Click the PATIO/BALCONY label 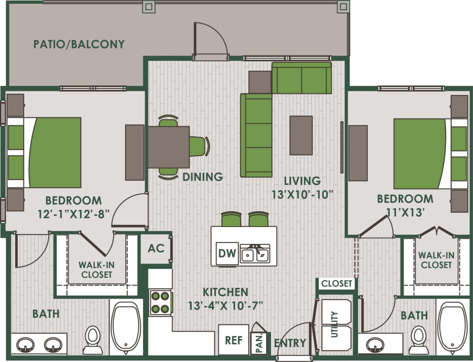pos(79,44)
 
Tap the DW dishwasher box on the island pos(227,253)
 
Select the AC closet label pos(156,248)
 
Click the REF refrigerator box pos(234,340)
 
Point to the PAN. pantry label pos(259,343)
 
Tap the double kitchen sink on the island pos(255,254)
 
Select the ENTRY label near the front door pos(290,343)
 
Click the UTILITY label pos(335,324)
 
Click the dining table pos(169,147)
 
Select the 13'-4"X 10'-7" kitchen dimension pos(225,306)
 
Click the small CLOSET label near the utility pos(336,283)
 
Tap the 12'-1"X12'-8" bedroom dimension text pos(74,214)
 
